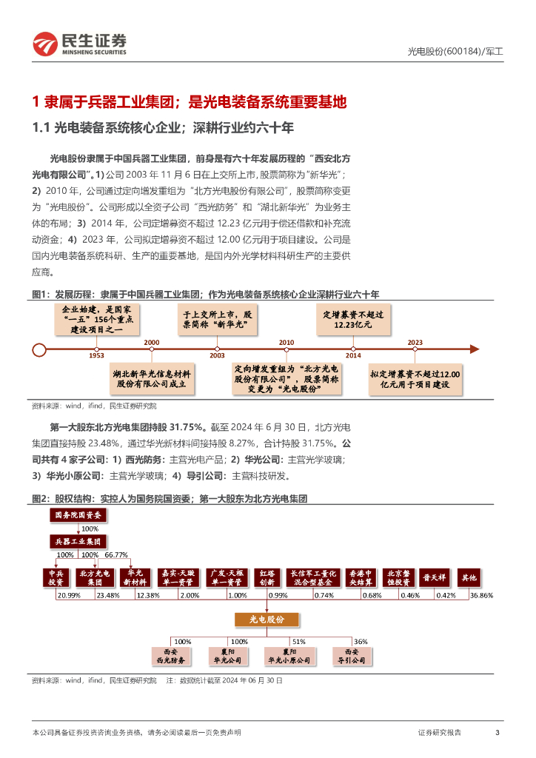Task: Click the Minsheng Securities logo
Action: [x=80, y=44]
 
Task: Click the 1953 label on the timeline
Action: [x=96, y=356]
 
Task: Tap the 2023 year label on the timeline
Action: [x=415, y=342]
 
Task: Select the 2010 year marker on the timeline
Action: [x=287, y=342]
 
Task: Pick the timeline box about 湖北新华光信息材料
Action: [x=151, y=379]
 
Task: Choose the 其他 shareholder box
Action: [x=469, y=577]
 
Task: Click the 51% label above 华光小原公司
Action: [x=298, y=641]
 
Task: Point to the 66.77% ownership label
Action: [x=116, y=554]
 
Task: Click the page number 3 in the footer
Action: [x=498, y=732]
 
